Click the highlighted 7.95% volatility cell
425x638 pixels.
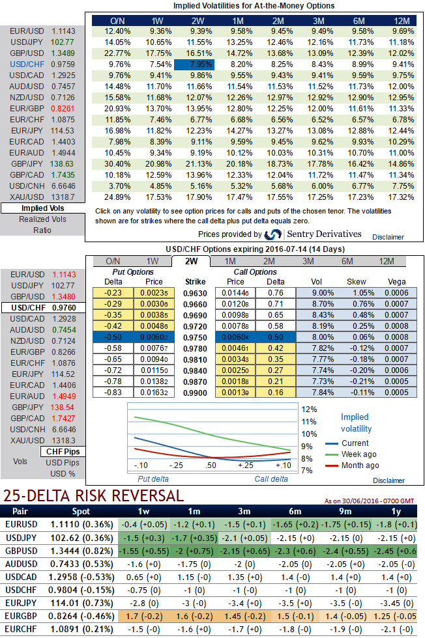(193, 64)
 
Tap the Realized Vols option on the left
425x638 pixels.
(42, 219)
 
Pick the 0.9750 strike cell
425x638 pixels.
(196, 337)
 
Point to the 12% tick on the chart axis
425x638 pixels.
(309, 409)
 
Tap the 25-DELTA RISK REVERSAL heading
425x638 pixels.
(93, 495)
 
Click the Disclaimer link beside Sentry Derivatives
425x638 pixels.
(389, 238)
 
